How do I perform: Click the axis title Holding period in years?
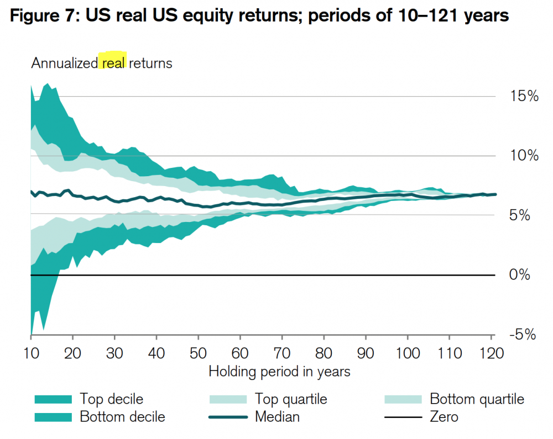(x=279, y=371)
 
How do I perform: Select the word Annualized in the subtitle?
(x=64, y=63)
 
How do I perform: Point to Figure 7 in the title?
(x=43, y=17)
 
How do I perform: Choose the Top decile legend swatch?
(x=53, y=399)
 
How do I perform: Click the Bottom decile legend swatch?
(x=53, y=416)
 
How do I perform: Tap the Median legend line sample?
(x=228, y=416)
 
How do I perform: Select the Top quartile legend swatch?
(x=228, y=399)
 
